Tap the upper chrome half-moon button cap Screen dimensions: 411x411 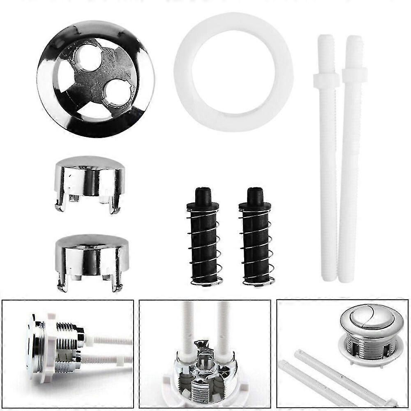[x=89, y=177]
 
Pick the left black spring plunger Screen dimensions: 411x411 [x=204, y=242]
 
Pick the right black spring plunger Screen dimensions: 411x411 [x=256, y=242]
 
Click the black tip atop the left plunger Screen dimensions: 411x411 [x=203, y=195]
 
